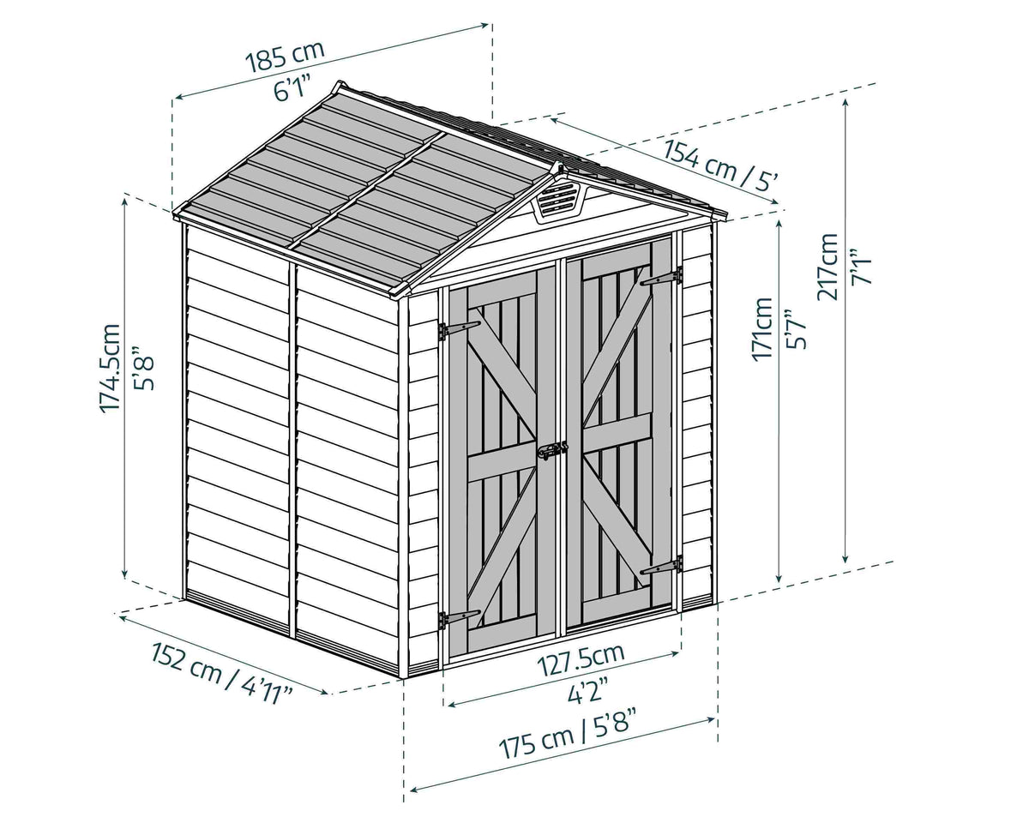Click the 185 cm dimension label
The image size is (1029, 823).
[285, 56]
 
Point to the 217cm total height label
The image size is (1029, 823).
[827, 267]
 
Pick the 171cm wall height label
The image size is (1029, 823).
[762, 329]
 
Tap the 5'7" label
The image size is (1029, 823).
[795, 329]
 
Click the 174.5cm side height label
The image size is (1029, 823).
[111, 367]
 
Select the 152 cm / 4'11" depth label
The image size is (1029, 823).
[222, 674]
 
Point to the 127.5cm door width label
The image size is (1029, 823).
[581, 660]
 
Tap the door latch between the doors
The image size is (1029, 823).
[553, 450]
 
